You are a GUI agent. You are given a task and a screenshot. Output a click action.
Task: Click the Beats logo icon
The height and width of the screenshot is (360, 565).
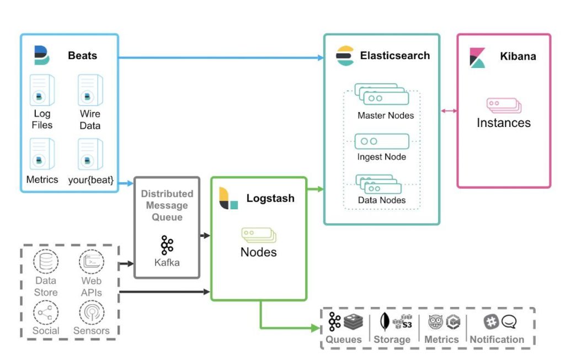click(x=41, y=55)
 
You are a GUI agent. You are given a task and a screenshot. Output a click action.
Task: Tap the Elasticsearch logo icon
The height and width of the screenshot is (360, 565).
click(x=345, y=56)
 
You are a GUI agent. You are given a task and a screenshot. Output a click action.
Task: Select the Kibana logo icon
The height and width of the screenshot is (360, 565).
click(x=477, y=57)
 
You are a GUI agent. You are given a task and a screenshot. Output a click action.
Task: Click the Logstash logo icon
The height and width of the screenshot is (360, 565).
click(x=228, y=198)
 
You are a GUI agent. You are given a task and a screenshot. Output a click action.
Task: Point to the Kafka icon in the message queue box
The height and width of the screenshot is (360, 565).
click(x=167, y=245)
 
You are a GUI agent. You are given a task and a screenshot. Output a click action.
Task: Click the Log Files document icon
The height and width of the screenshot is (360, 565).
click(x=42, y=91)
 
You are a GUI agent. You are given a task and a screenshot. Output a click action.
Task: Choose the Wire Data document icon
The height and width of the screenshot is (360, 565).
click(x=90, y=91)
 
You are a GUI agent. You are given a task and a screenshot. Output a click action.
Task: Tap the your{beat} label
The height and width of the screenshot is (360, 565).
click(x=90, y=179)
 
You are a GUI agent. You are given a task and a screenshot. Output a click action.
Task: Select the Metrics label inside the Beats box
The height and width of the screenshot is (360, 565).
click(x=42, y=179)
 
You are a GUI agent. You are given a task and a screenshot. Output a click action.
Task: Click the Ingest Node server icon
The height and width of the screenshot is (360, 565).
click(x=382, y=141)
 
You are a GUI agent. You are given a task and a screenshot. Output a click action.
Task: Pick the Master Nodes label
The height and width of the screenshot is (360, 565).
click(x=385, y=115)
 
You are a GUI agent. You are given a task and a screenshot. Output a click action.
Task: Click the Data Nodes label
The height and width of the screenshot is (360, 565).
click(x=382, y=200)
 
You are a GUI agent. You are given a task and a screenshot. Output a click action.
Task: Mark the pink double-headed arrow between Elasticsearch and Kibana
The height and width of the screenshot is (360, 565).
click(x=449, y=111)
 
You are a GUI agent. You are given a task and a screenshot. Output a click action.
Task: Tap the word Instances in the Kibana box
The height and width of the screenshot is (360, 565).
click(x=503, y=123)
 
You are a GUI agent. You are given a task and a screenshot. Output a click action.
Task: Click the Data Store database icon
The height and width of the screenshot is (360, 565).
click(x=45, y=262)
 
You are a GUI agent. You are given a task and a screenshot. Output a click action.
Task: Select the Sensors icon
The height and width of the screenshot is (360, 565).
click(x=91, y=313)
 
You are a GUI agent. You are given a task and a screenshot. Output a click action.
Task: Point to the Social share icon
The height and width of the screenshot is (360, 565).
click(x=45, y=313)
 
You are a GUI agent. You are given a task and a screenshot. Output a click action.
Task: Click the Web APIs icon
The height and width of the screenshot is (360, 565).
click(x=91, y=262)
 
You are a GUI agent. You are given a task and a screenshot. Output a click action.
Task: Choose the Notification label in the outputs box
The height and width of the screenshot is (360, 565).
click(x=497, y=340)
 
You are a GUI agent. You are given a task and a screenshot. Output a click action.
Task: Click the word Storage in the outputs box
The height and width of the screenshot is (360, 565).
click(x=392, y=340)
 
